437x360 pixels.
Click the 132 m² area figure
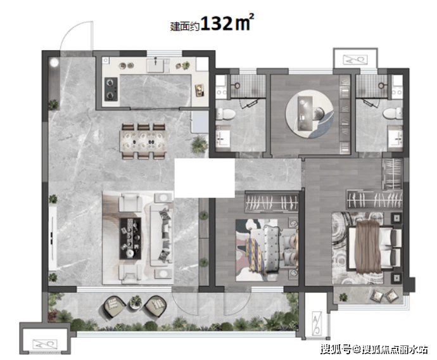[x=227, y=23]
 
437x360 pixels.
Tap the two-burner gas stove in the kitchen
[x=111, y=89]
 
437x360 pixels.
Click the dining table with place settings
[x=143, y=141]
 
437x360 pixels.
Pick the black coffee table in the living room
[x=130, y=238]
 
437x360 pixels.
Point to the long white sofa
[x=161, y=235]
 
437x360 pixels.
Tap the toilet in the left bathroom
[x=225, y=114]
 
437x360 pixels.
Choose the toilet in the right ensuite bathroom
[x=393, y=114]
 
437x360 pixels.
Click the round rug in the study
[x=309, y=114]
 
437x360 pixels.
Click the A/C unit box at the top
[x=355, y=60]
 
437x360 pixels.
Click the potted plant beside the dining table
[x=199, y=143]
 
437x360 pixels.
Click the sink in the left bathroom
[x=223, y=138]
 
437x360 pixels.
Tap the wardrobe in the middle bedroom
[x=272, y=201]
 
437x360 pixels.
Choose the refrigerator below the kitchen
[x=199, y=122]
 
